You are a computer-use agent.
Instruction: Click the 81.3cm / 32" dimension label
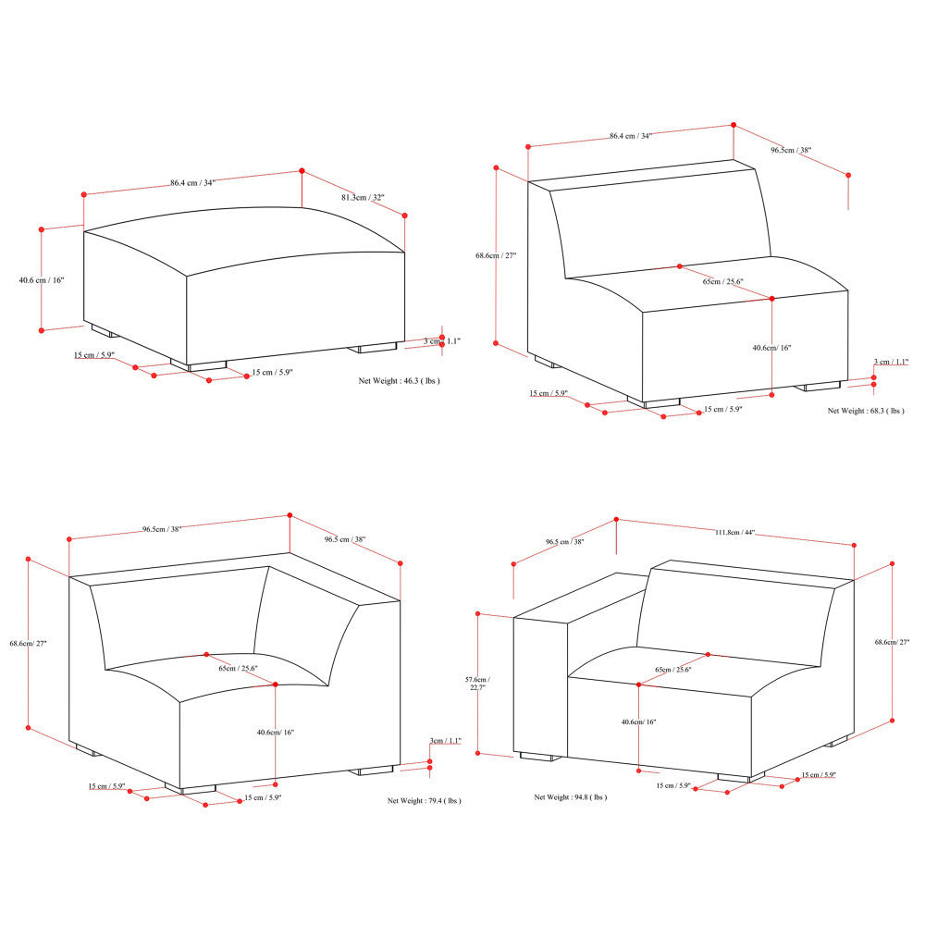363,198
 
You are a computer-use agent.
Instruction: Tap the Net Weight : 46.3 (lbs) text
400,381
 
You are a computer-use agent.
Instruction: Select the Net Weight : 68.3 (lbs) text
866,411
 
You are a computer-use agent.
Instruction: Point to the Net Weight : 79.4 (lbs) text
425,800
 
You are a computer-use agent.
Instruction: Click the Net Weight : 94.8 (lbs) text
571,797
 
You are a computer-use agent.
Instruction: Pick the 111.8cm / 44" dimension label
735,532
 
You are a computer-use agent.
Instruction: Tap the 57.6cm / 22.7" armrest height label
477,684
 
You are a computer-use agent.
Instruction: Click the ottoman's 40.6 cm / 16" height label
42,280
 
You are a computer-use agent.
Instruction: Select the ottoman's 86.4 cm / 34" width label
193,183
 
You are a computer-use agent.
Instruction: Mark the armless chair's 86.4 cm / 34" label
631,136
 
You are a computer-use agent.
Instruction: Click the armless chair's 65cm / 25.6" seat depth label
722,281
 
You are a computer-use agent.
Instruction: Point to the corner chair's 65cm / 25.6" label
239,669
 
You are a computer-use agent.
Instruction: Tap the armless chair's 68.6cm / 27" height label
496,255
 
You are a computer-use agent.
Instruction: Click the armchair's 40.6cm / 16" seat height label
639,722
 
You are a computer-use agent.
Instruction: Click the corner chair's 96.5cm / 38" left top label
162,529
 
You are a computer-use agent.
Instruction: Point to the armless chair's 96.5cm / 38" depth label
791,151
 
